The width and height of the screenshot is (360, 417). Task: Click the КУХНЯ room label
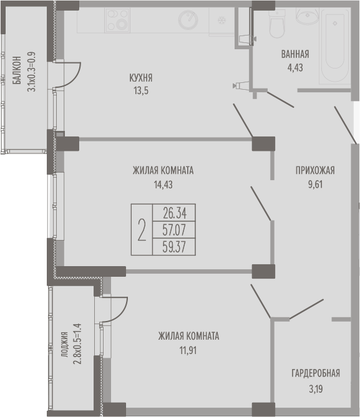pos(141,78)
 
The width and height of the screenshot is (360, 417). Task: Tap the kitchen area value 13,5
pos(141,90)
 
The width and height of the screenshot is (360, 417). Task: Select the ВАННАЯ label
pos(295,54)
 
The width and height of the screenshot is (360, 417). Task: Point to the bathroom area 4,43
pos(295,68)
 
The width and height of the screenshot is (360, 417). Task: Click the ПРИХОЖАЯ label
pos(315,170)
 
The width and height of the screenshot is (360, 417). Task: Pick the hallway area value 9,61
pos(315,185)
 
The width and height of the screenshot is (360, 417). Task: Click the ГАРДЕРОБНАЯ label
pos(316,373)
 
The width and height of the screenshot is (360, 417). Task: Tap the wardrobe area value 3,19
pos(316,389)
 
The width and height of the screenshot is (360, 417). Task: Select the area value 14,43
pos(163,185)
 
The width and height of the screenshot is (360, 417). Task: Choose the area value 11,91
pos(188,350)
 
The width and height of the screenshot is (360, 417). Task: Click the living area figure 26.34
pos(175,213)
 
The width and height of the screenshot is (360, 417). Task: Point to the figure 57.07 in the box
pos(174,230)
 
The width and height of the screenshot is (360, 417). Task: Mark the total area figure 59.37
pos(174,247)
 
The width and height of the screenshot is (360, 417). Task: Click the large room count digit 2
pos(142,230)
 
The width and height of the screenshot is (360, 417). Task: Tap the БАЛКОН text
pos(17,70)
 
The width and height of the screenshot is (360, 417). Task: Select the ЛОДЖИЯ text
pos(64,344)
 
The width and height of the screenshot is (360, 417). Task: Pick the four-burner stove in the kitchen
pos(117,20)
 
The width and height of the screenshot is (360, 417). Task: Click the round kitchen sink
pos(188,20)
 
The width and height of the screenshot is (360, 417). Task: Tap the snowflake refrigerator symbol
pos(221,20)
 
